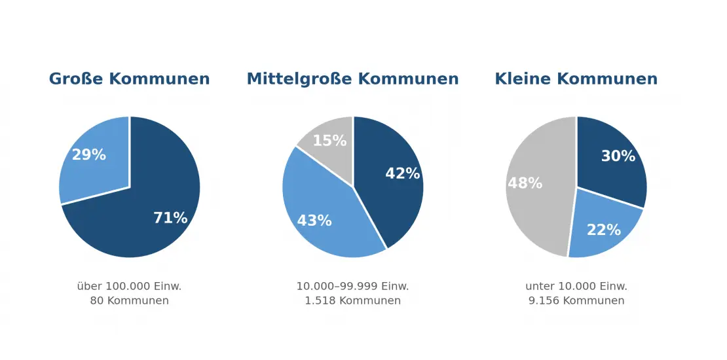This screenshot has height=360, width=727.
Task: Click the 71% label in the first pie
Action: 170,218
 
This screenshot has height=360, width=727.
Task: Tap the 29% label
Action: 88,154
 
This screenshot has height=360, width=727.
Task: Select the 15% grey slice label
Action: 329,140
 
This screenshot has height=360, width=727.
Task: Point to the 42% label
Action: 402,173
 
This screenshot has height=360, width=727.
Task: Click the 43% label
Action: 314,221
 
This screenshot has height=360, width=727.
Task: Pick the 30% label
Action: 618,156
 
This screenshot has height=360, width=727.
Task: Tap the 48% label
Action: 525,183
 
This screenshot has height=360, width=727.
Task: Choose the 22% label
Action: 604,229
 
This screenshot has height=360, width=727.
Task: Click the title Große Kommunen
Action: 130,79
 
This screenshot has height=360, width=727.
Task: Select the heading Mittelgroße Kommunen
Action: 352,79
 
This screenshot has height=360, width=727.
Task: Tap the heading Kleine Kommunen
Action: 576,79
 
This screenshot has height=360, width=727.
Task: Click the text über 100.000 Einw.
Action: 130,286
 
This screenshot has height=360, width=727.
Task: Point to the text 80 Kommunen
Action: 130,300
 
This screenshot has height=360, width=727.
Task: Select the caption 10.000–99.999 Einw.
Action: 353,286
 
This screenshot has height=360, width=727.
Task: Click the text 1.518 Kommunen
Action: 353,300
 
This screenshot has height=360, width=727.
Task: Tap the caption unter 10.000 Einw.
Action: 576,286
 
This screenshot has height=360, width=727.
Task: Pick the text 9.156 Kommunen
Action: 576,300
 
